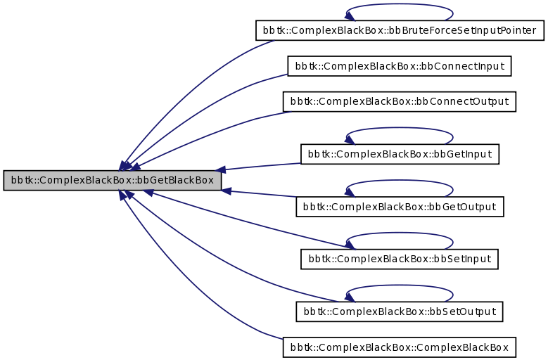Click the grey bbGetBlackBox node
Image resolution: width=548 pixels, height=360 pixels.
tap(113, 181)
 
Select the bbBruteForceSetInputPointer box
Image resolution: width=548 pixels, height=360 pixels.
tap(399, 30)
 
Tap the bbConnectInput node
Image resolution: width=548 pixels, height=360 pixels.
tap(399, 66)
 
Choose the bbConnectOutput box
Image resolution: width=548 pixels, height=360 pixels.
tap(399, 101)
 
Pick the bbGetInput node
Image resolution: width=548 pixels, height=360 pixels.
tap(399, 154)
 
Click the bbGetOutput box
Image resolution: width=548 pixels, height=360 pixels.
tap(399, 207)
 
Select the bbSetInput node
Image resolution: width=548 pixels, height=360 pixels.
tap(399, 259)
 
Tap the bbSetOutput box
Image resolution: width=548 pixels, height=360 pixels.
tap(399, 311)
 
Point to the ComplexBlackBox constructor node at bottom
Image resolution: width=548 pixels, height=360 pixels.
tap(399, 347)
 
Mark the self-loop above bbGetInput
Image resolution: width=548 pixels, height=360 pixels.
tap(399, 129)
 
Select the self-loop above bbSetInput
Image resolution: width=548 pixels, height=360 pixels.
tap(399, 234)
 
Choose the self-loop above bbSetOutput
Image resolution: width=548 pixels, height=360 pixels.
tap(399, 286)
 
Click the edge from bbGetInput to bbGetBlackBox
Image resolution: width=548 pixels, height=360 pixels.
tap(260, 167)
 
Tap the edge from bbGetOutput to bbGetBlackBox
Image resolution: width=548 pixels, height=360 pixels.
tap(260, 194)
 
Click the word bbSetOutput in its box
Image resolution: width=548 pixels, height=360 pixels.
tap(463, 311)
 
